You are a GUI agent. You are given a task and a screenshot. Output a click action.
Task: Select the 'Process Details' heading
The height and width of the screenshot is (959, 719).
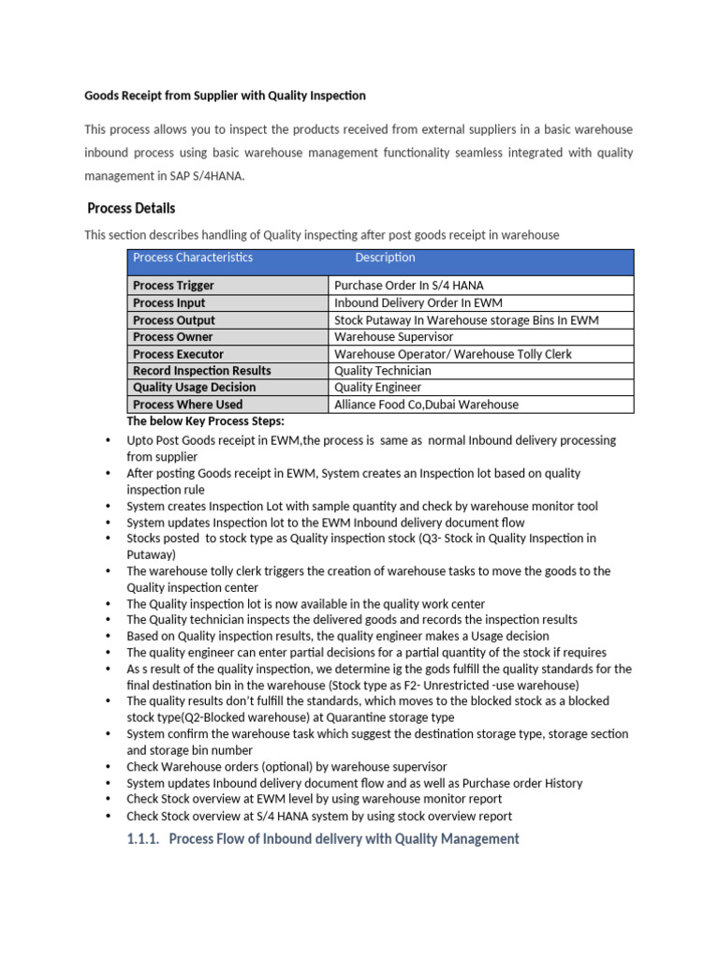tap(131, 208)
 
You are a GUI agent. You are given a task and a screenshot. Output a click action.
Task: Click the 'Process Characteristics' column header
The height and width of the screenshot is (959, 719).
tap(193, 258)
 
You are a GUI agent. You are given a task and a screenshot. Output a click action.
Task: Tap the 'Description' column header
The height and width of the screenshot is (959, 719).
tap(385, 258)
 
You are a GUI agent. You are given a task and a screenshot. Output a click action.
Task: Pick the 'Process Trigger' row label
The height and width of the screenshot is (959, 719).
tap(173, 286)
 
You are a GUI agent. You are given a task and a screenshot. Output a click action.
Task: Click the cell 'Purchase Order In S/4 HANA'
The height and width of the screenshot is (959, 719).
tap(409, 286)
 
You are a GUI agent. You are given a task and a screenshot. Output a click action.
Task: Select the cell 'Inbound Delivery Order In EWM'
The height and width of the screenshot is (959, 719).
tap(418, 303)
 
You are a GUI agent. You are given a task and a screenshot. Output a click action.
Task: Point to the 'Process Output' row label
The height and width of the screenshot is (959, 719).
tap(173, 320)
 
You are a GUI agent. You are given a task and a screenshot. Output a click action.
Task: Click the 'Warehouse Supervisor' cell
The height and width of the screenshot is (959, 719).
tap(393, 337)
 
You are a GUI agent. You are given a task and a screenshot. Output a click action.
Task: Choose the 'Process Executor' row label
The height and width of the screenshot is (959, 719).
tap(178, 354)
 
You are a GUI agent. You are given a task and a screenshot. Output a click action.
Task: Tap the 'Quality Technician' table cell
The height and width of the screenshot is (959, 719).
tap(383, 371)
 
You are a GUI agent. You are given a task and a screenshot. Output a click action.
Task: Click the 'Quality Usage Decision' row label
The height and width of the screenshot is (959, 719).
tap(194, 388)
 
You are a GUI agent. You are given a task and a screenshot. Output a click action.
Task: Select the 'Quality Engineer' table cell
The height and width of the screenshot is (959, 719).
tap(378, 388)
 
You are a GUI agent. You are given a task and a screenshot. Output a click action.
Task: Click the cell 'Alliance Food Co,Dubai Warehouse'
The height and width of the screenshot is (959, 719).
tap(426, 405)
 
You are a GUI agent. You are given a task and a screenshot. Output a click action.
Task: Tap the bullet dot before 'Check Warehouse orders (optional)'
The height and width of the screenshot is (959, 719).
tap(108, 767)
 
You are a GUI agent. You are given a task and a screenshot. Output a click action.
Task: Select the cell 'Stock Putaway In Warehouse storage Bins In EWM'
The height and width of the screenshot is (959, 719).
tap(466, 320)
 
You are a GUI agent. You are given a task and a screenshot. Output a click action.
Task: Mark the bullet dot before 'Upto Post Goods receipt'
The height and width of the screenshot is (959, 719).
tap(108, 440)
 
